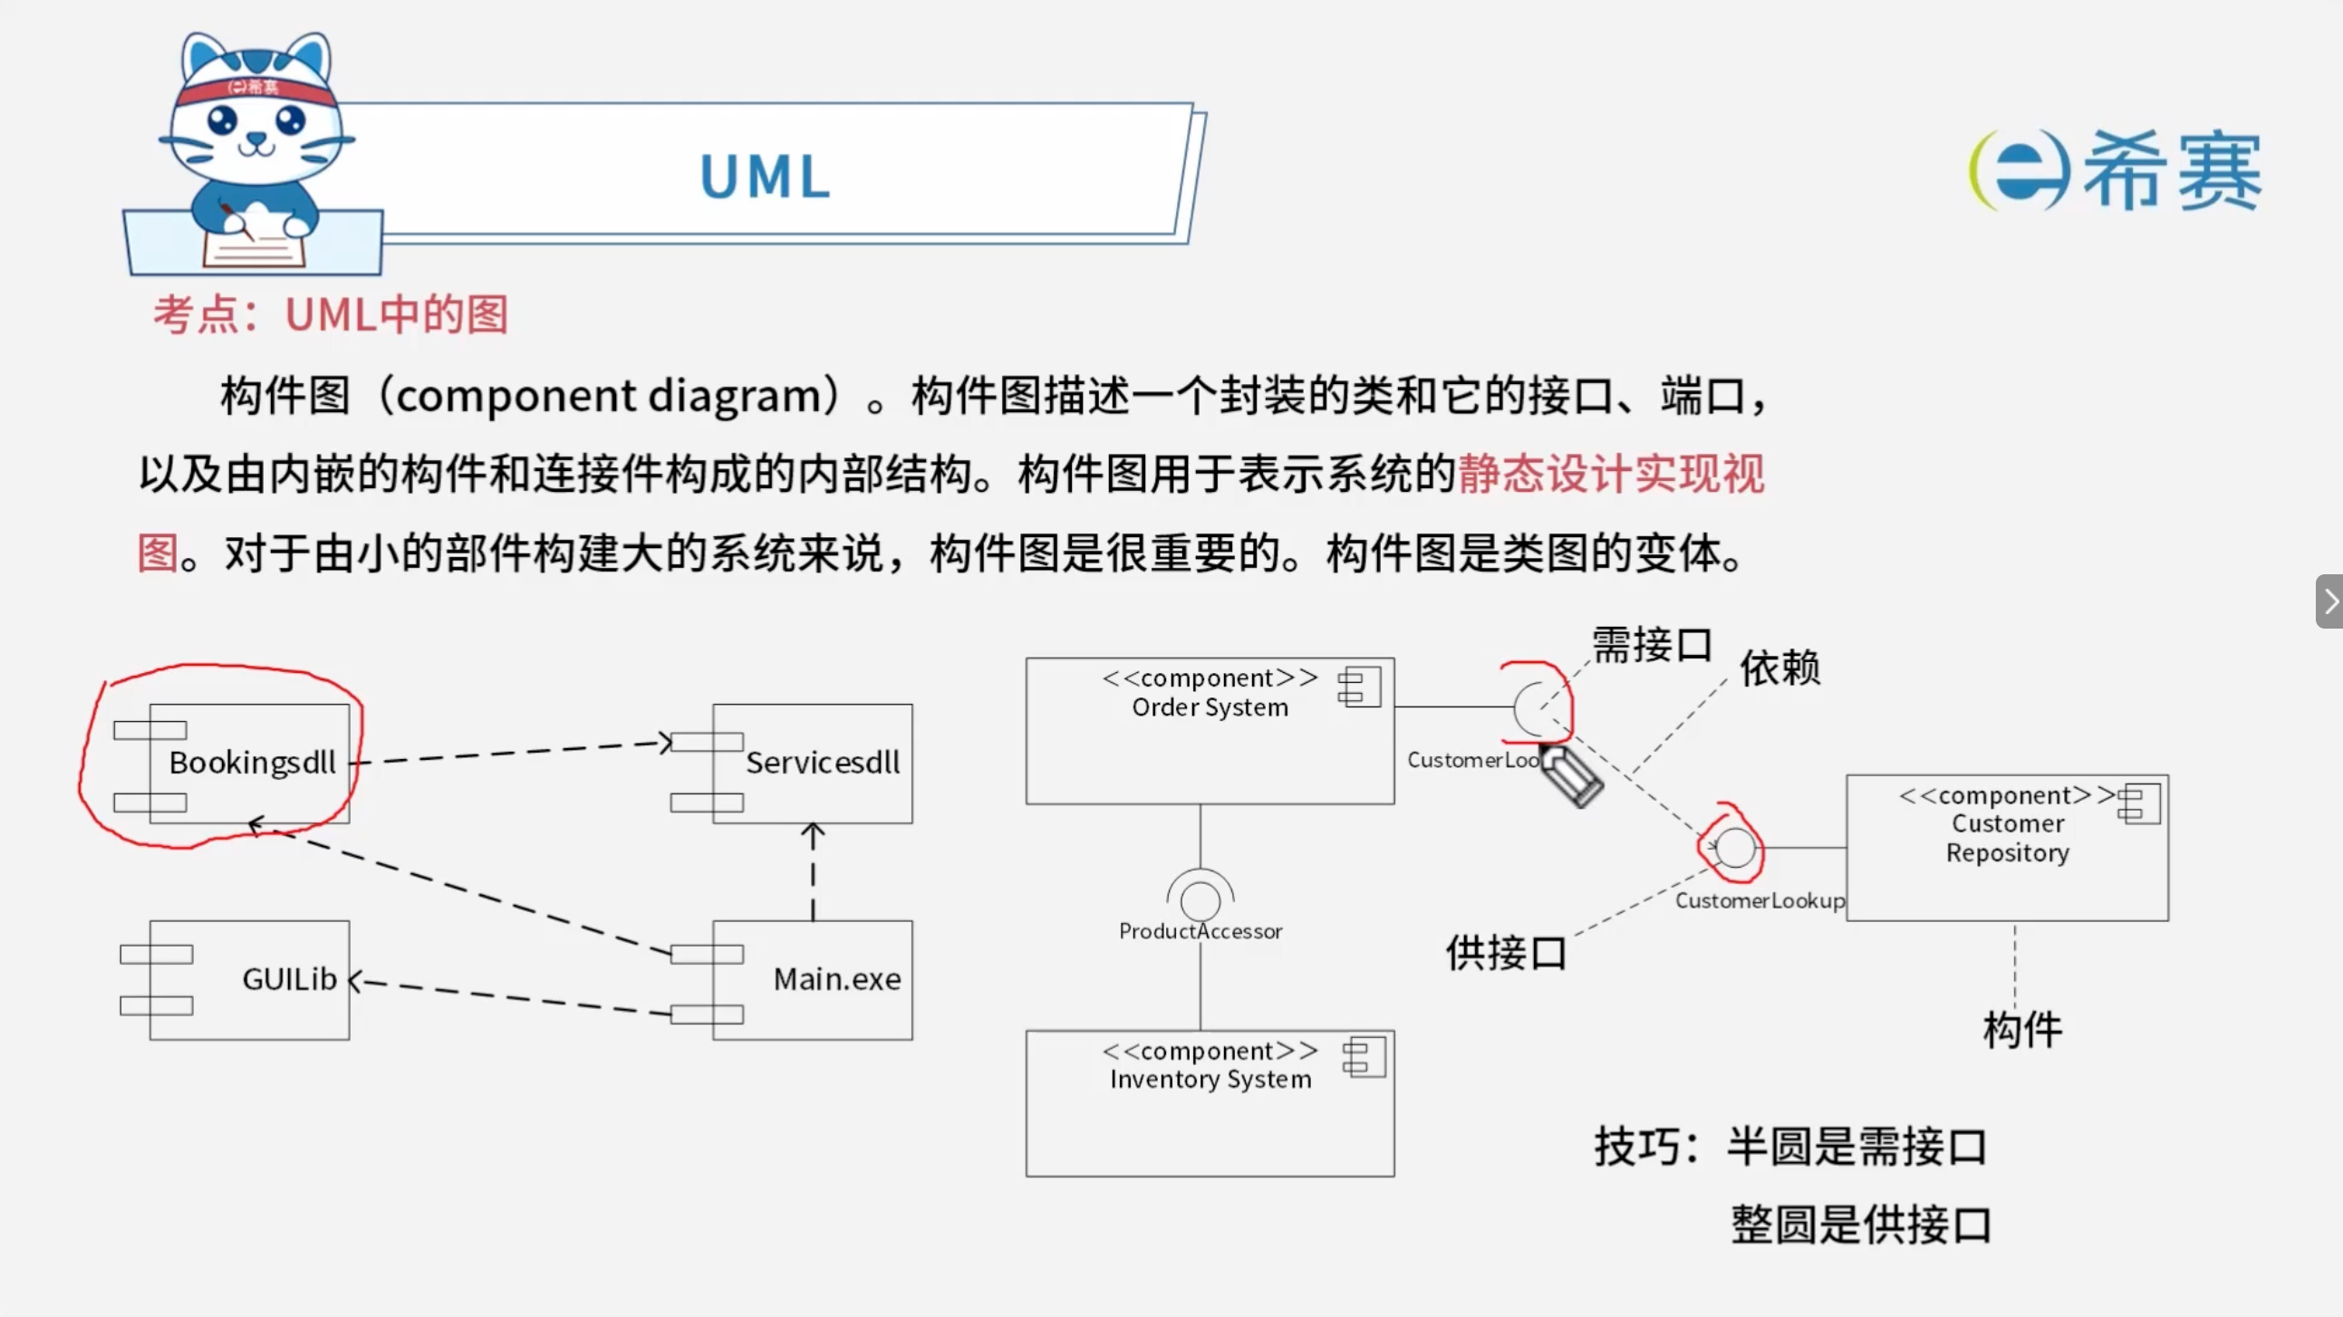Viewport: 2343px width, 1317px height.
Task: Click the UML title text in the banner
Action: pos(765,176)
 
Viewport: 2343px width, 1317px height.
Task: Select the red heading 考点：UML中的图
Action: pos(330,314)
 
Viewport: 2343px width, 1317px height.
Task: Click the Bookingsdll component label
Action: pos(253,762)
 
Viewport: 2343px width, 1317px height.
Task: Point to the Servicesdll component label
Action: pos(824,762)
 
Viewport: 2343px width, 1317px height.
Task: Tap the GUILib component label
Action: pos(289,978)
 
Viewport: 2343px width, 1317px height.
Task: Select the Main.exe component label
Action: pos(837,978)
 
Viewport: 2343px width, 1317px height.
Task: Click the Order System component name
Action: pos(1210,707)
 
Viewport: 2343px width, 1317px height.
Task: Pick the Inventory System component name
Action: pos(1210,1080)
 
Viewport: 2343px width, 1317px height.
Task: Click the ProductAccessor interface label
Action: pos(1200,931)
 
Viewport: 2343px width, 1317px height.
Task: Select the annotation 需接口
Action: pos(1652,645)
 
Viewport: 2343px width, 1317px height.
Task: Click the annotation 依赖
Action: pos(1780,668)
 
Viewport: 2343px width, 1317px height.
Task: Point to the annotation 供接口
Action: pos(1506,952)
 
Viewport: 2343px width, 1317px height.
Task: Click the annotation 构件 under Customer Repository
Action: pos(2023,1030)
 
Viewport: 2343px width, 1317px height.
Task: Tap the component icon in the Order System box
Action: pos(1359,687)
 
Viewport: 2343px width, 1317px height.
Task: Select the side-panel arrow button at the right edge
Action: pos(2329,601)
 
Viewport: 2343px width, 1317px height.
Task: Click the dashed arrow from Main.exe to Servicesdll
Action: pos(813,871)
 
